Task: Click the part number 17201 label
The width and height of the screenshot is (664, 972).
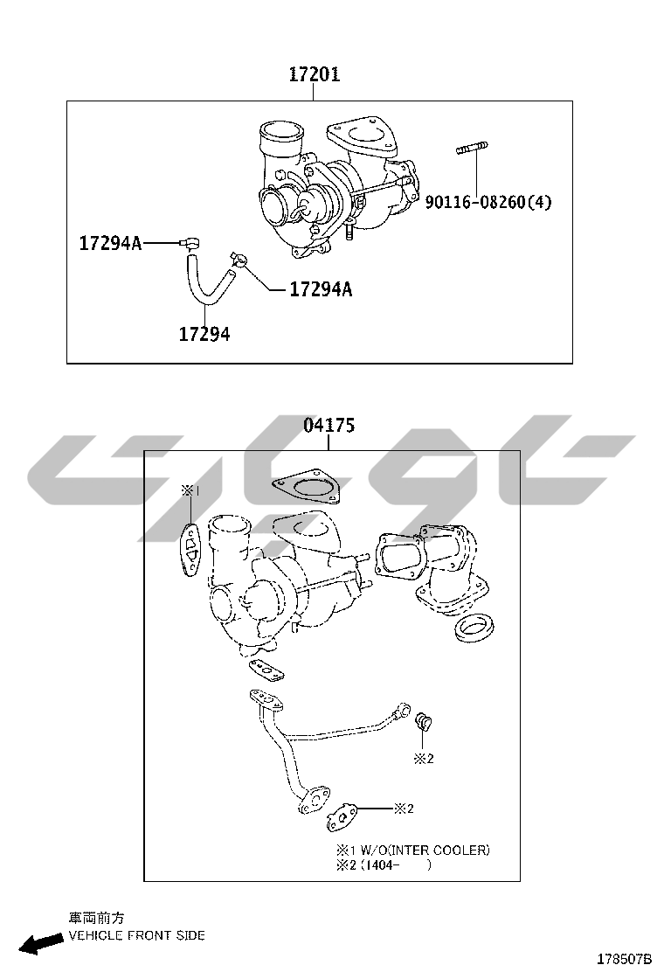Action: [x=315, y=74]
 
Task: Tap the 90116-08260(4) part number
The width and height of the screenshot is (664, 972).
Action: [x=488, y=202]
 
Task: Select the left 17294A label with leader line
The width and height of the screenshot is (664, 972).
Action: [x=110, y=243]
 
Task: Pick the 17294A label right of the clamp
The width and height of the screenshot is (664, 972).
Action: [x=321, y=288]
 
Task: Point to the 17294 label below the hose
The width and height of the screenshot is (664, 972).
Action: [x=204, y=334]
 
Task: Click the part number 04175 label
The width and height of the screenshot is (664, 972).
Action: [x=329, y=425]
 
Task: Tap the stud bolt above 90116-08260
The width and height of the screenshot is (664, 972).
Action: [x=472, y=148]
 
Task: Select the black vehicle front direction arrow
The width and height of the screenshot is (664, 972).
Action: [x=42, y=942]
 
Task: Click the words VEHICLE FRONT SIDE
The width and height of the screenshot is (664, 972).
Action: [x=137, y=934]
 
